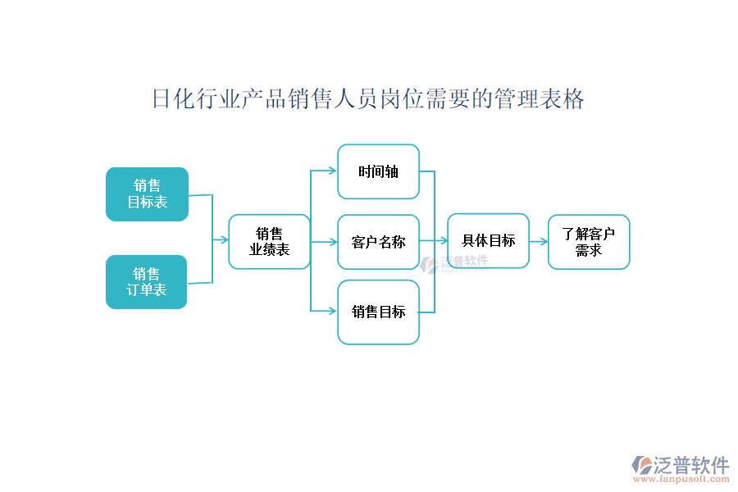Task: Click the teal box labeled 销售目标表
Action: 147,194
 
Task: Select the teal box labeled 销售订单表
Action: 147,282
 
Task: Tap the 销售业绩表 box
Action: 269,242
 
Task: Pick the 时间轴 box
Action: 378,171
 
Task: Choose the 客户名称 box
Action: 378,242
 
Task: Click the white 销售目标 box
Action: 378,312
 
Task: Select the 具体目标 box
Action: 488,240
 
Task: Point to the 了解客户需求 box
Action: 589,242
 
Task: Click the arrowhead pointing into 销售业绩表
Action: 223,240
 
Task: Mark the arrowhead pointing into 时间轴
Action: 332,171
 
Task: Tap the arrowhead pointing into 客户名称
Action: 332,242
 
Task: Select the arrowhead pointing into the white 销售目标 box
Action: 332,311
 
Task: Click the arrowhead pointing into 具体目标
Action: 443,241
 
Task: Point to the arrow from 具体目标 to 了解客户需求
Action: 539,242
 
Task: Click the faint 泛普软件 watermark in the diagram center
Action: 463,262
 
